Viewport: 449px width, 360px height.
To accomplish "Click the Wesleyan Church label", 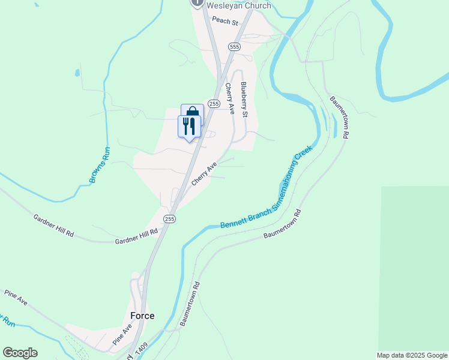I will click(238, 6).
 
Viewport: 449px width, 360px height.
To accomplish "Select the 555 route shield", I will click(234, 46).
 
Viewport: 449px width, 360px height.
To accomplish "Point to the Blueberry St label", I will click(244, 99).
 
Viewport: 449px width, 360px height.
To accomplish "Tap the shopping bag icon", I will click(193, 112).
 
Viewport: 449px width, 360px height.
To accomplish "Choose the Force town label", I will click(142, 316).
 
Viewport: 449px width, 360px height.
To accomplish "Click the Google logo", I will click(20, 353).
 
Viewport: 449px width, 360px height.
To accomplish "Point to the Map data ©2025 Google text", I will click(411, 355).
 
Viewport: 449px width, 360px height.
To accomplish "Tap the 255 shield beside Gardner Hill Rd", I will click(169, 219).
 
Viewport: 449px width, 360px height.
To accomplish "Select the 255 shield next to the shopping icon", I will click(213, 104).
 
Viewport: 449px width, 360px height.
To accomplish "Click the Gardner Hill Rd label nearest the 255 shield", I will click(136, 236).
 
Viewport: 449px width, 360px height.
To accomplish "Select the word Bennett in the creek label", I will click(234, 223).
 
